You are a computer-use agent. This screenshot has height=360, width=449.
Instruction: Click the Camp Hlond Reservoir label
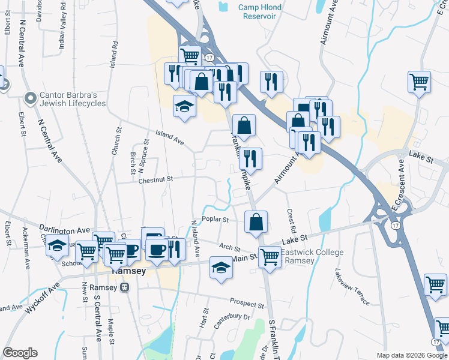coord(260,11)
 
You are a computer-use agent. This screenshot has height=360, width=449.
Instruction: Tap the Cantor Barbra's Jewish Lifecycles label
coord(73,98)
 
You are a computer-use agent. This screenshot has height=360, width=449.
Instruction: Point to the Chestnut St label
coord(155,179)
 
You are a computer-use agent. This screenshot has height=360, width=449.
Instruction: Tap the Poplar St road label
coord(215,220)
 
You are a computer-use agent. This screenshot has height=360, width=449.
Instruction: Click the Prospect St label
coord(247,304)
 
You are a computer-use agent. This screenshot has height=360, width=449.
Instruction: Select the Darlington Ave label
coord(64,230)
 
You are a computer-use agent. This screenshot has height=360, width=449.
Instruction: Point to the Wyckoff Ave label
coord(43,298)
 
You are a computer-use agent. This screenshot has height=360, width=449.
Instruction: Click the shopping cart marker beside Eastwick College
coord(270,257)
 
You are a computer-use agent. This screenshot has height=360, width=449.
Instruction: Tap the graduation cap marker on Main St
coord(221,268)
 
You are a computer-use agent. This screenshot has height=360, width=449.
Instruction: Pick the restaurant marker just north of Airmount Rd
coord(250,159)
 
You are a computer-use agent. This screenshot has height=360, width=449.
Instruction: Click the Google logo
coord(20,353)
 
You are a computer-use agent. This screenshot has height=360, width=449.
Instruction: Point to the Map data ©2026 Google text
coord(411,355)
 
